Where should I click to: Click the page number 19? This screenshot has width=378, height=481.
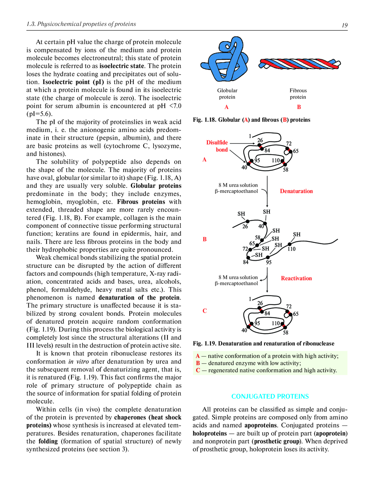pos(344,25)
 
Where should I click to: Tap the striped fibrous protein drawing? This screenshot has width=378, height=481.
pos(299,64)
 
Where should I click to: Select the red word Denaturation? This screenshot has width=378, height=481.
pos(296,191)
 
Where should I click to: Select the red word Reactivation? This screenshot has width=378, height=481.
pos(296,278)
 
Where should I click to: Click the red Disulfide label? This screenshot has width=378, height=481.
pos(217,142)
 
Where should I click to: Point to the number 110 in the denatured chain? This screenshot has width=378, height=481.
pos(291,249)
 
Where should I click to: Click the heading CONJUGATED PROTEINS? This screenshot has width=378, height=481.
pos(270,396)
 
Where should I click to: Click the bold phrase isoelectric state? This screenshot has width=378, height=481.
pos(122,66)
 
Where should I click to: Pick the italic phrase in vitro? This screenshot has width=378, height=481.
pos(79,361)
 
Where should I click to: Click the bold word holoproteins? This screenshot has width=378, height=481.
pos(210,433)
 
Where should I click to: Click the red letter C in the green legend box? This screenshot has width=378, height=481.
pos(198,370)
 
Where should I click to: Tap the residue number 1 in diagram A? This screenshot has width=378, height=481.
pos(250,136)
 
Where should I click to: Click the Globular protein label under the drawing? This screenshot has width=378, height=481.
pos(227,94)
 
